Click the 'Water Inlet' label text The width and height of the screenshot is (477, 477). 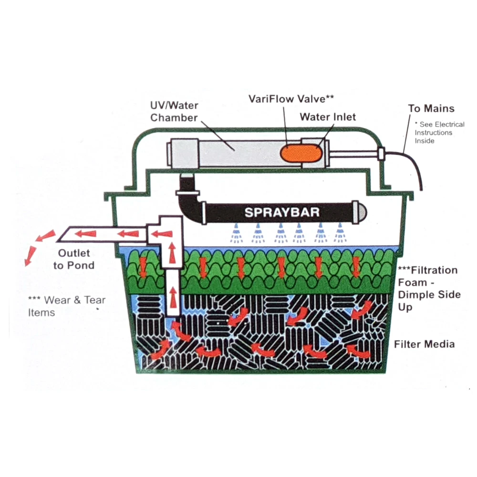click(328, 116)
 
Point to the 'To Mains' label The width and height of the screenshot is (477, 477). click(431, 108)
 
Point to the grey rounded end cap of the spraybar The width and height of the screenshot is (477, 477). click(362, 211)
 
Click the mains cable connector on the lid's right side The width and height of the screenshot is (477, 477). click(381, 154)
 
